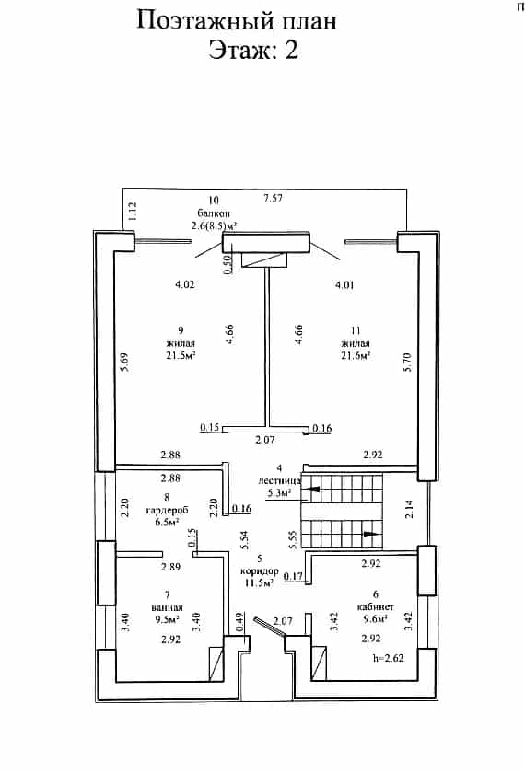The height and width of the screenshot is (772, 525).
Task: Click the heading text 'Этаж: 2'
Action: coord(253,51)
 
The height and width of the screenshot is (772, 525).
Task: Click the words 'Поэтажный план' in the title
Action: coord(237,21)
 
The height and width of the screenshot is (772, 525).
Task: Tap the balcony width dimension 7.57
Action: coord(274,199)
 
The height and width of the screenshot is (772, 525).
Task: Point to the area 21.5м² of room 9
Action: coord(181,355)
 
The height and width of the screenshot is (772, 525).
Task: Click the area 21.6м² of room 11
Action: coord(356,355)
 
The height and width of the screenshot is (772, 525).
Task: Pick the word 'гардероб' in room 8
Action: coord(167,510)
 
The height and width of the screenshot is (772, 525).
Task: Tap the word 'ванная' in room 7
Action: coord(167,607)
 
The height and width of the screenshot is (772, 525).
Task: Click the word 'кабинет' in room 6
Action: coord(375,606)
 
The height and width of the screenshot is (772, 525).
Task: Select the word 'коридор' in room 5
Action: coord(260,571)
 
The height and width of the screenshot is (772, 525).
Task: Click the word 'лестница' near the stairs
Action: coord(279,480)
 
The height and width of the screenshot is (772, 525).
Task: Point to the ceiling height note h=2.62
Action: coord(389,658)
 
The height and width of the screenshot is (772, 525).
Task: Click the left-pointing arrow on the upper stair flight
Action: coord(311,490)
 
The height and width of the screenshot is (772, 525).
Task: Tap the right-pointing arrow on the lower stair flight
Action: coord(371,535)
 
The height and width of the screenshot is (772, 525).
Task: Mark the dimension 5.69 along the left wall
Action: coord(124,362)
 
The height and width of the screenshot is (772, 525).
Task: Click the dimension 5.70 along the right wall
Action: coord(407,362)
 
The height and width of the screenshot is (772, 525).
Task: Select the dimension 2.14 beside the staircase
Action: coord(409,509)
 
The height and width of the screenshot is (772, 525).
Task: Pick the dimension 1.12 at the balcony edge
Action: coord(132,211)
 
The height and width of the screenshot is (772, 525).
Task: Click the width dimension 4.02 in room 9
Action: coord(185,284)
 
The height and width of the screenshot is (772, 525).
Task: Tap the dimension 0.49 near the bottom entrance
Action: coord(240,622)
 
